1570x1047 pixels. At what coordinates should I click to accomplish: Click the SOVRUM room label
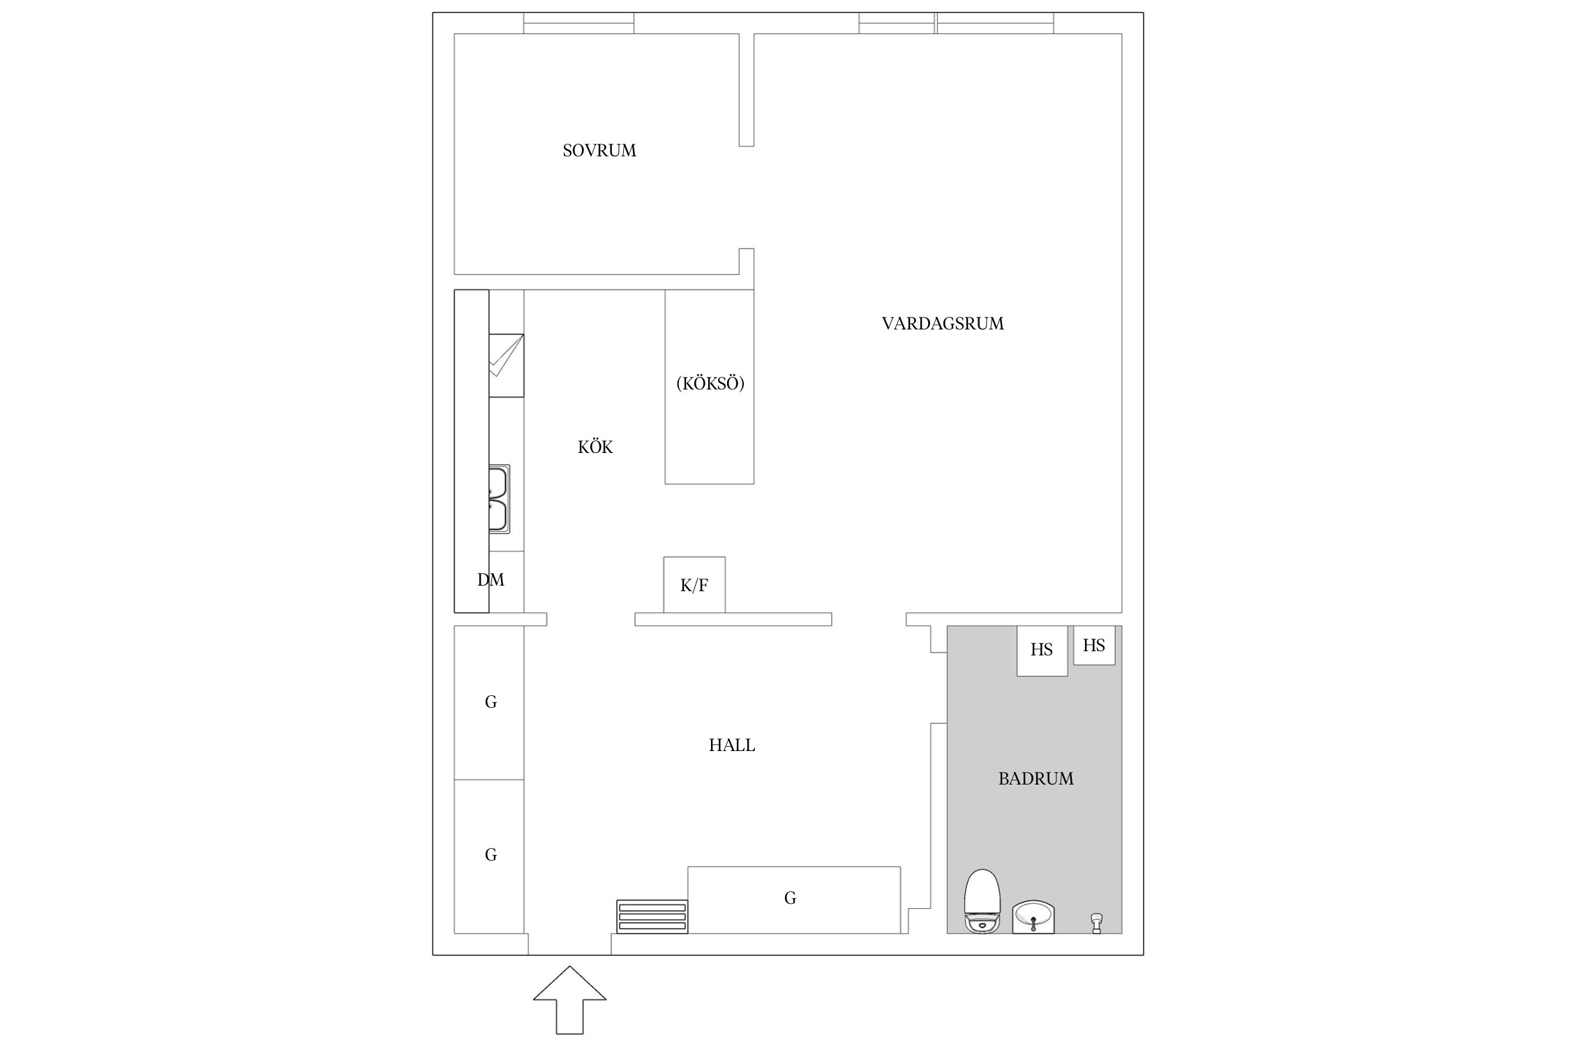[599, 150]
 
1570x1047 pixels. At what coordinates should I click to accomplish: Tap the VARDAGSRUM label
[943, 323]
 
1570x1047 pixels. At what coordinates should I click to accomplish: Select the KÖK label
[595, 447]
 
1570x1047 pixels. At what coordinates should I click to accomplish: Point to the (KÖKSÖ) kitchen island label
[710, 383]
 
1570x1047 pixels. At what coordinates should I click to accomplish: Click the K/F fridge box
[694, 585]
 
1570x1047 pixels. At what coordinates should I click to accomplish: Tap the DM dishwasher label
[491, 579]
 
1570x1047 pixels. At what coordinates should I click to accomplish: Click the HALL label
[732, 745]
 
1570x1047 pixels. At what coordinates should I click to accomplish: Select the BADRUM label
[1036, 779]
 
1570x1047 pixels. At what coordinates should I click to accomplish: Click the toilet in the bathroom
[982, 901]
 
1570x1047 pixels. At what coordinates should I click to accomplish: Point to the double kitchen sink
[499, 499]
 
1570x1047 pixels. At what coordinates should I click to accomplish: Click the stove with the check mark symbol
[507, 366]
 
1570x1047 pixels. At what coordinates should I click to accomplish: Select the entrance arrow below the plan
[570, 1000]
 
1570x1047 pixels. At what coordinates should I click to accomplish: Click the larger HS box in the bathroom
[1042, 651]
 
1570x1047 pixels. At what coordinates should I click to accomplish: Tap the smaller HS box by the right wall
[1094, 645]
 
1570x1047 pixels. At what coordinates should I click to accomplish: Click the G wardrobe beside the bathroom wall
[794, 900]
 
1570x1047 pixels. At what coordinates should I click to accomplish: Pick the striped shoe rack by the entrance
[652, 916]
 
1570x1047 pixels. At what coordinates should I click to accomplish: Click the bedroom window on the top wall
[579, 23]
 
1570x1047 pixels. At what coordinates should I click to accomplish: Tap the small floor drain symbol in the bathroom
[1096, 923]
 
